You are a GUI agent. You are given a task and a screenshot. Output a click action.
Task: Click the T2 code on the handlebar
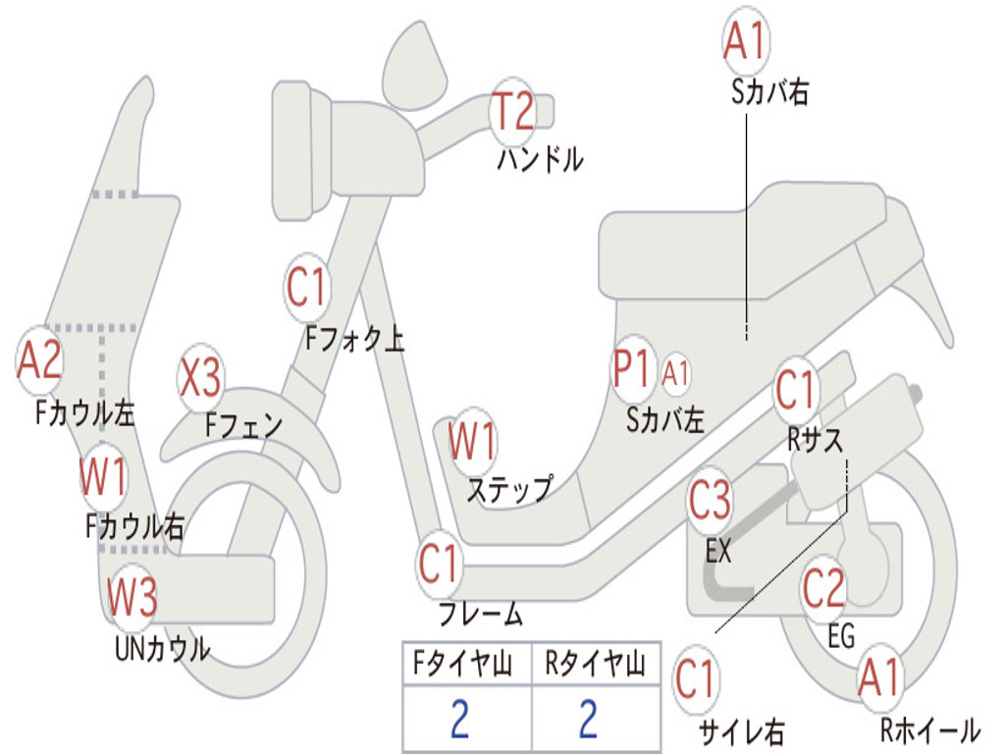pos(512,112)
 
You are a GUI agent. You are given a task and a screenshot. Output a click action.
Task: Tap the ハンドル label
pos(541,159)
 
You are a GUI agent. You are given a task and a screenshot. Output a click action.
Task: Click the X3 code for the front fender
pos(200,377)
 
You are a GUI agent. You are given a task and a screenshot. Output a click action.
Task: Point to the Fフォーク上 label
pos(354,339)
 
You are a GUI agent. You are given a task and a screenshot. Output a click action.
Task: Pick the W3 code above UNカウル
pos(132,596)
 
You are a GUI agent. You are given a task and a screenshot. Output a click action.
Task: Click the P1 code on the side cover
pos(632,369)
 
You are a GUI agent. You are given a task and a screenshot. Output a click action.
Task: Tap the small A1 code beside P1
pos(675,372)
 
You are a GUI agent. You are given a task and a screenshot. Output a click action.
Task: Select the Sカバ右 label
pos(769,91)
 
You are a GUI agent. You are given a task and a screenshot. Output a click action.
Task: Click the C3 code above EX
pos(710,500)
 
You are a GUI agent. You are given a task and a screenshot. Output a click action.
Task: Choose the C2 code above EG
pos(823,588)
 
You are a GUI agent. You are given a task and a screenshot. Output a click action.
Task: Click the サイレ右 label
pos(742,731)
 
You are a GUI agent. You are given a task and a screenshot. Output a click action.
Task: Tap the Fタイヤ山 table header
pos(462,663)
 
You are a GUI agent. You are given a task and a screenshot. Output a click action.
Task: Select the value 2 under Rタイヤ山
pos(589,719)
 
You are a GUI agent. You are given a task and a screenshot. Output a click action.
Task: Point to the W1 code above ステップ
pos(472,441)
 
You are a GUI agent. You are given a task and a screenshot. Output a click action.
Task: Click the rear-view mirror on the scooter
pos(415,66)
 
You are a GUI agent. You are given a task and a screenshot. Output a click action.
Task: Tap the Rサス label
pos(816,441)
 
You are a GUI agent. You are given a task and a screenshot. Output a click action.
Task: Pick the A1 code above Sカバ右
pos(746,40)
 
